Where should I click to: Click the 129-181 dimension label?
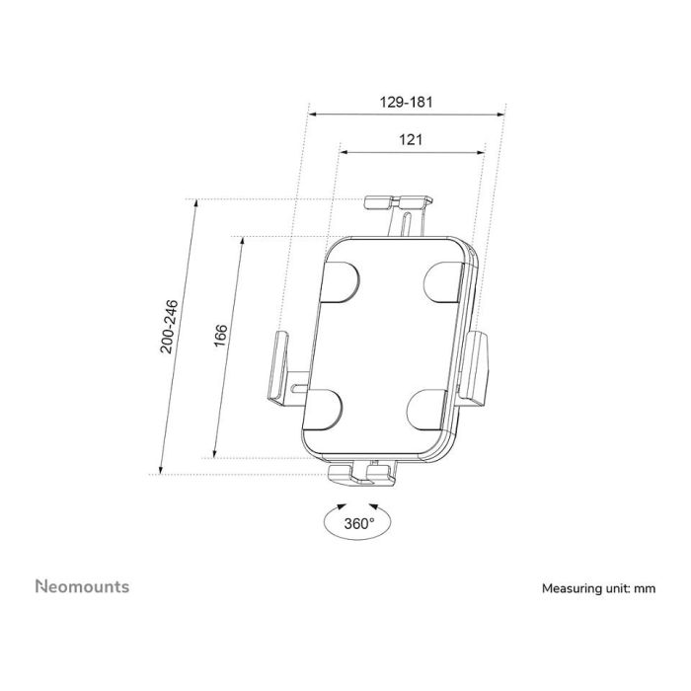click(407, 102)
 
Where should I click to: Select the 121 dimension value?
click(412, 140)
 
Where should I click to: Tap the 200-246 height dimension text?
click(169, 326)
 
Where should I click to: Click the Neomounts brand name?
click(82, 586)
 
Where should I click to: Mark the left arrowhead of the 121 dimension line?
click(344, 151)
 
